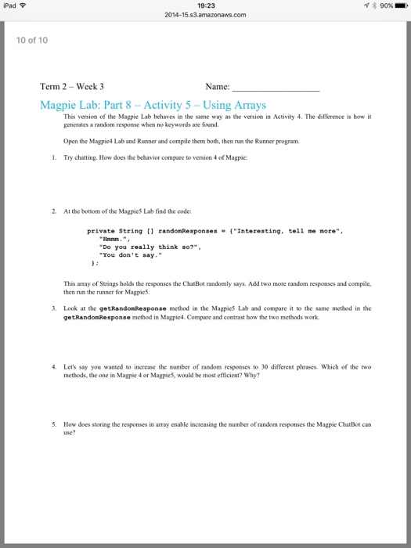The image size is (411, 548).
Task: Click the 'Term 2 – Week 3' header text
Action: [72, 87]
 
